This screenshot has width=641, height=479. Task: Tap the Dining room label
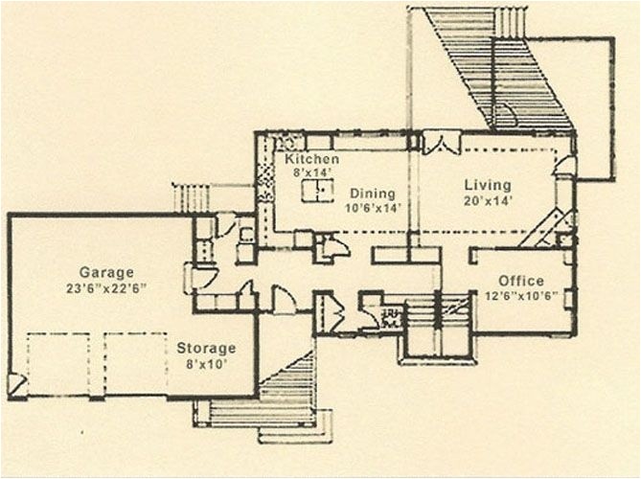pyautogui.click(x=372, y=193)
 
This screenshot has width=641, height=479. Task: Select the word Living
pyautogui.click(x=488, y=185)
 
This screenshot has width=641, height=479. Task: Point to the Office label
pyautogui.click(x=520, y=280)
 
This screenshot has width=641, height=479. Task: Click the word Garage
pyautogui.click(x=106, y=272)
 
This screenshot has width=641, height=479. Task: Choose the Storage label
pyautogui.click(x=206, y=349)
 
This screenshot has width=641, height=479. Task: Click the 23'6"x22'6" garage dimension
pyautogui.click(x=106, y=287)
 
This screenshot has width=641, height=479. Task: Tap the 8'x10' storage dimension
pyautogui.click(x=206, y=364)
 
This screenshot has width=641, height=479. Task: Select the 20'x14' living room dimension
pyautogui.click(x=488, y=201)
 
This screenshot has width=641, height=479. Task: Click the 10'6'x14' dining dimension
pyautogui.click(x=372, y=207)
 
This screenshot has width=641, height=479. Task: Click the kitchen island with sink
pyautogui.click(x=318, y=192)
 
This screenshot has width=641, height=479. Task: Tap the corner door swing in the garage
pyautogui.click(x=17, y=384)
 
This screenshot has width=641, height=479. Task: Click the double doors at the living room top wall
pyautogui.click(x=442, y=143)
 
